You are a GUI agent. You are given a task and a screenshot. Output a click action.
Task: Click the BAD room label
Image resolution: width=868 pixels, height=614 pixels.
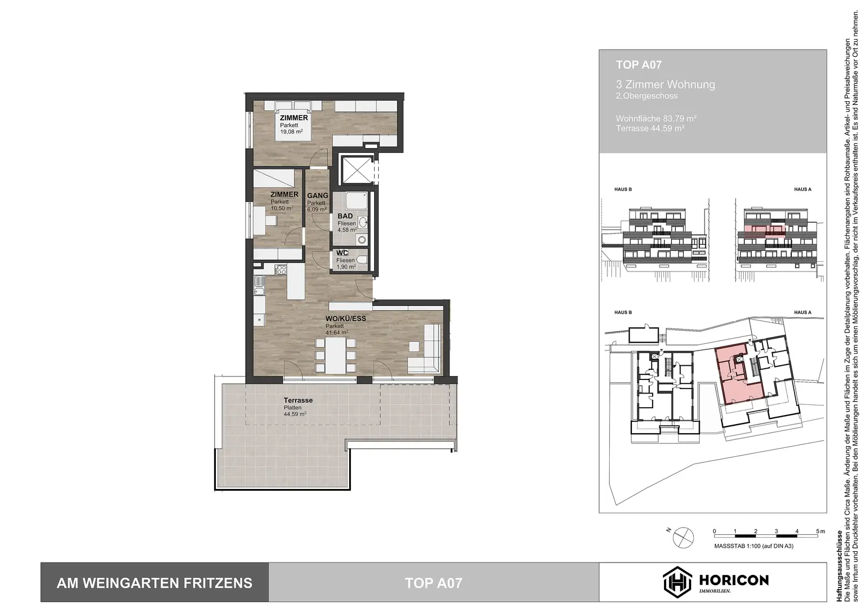coord(345,216)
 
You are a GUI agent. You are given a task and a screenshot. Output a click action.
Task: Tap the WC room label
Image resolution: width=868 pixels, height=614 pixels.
coord(342,253)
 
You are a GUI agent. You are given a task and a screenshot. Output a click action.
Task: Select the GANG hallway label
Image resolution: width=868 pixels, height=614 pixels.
coord(318,196)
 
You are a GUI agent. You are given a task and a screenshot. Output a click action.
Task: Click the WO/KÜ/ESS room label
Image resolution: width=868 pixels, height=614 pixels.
coord(345,318)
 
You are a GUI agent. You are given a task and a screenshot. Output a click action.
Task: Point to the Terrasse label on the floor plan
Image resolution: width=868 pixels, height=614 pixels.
coord(298,400)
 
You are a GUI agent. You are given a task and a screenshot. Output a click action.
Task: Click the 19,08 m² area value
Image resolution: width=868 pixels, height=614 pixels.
coord(292,132)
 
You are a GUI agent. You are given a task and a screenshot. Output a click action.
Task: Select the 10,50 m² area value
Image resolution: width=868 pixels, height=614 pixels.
coord(281,209)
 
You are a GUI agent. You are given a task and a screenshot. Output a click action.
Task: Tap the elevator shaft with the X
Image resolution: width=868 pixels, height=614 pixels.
coord(356,169)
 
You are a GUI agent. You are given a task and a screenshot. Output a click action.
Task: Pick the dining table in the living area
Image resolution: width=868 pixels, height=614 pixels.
coord(336,356)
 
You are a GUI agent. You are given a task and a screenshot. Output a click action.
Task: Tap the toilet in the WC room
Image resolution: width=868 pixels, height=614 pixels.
coord(362,261)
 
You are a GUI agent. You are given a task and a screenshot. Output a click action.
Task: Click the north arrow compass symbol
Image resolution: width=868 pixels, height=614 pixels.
coord(683,535)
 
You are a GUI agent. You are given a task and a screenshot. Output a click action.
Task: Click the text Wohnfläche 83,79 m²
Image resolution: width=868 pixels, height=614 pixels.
coord(656,119)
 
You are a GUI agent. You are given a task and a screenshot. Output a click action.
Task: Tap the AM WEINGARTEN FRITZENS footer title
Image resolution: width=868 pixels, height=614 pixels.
coord(154,583)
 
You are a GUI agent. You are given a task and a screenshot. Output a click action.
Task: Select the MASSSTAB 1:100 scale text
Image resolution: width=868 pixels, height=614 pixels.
coord(753,546)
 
